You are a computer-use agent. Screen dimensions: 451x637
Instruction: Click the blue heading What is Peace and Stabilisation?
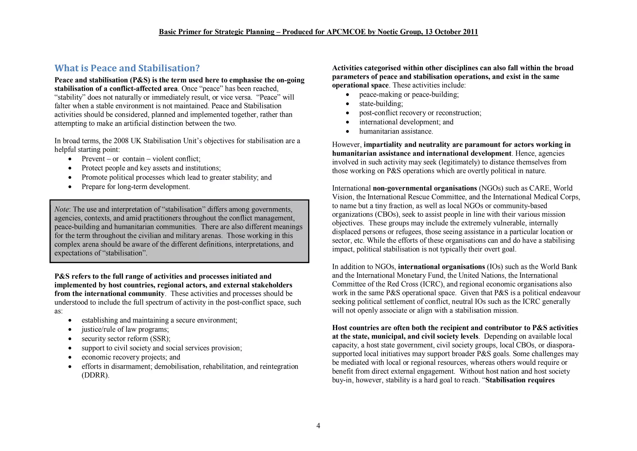tap(127, 68)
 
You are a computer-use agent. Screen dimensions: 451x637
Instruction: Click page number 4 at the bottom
tap(318, 425)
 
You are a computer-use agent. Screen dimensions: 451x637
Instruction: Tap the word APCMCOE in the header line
tap(346, 32)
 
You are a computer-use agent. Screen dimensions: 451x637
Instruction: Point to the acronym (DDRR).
tap(95, 375)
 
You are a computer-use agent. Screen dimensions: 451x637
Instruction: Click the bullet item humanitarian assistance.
tap(396, 131)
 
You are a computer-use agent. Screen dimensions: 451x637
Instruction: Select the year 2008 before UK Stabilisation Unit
tap(121, 141)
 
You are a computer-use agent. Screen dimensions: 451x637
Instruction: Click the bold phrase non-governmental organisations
tap(425, 188)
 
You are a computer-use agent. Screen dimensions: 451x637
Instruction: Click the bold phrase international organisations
tap(441, 267)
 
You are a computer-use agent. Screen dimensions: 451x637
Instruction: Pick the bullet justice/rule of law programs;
tap(125, 329)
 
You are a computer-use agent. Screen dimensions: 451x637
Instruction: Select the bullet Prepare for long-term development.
tap(136, 187)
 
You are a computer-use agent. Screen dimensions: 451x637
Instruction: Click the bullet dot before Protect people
tap(70, 169)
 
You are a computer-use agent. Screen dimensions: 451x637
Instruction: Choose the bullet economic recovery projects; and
tap(131, 357)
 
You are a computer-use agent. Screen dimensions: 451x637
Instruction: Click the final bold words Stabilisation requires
tap(520, 380)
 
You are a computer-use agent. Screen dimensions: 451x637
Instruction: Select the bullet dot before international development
tap(347, 122)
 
